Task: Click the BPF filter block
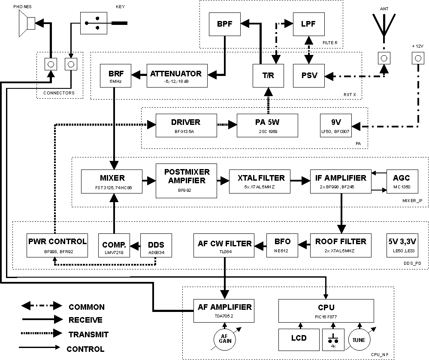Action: (x=224, y=24)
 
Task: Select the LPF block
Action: (x=308, y=24)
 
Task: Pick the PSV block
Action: (x=309, y=76)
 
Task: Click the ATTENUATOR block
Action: (x=176, y=76)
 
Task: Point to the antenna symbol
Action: (x=383, y=28)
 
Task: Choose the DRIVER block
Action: (x=185, y=125)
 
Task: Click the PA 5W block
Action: (x=268, y=125)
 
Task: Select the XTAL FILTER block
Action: (x=257, y=181)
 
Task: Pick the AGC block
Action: (x=401, y=181)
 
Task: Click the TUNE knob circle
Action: (x=360, y=340)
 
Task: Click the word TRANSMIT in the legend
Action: (x=88, y=334)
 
